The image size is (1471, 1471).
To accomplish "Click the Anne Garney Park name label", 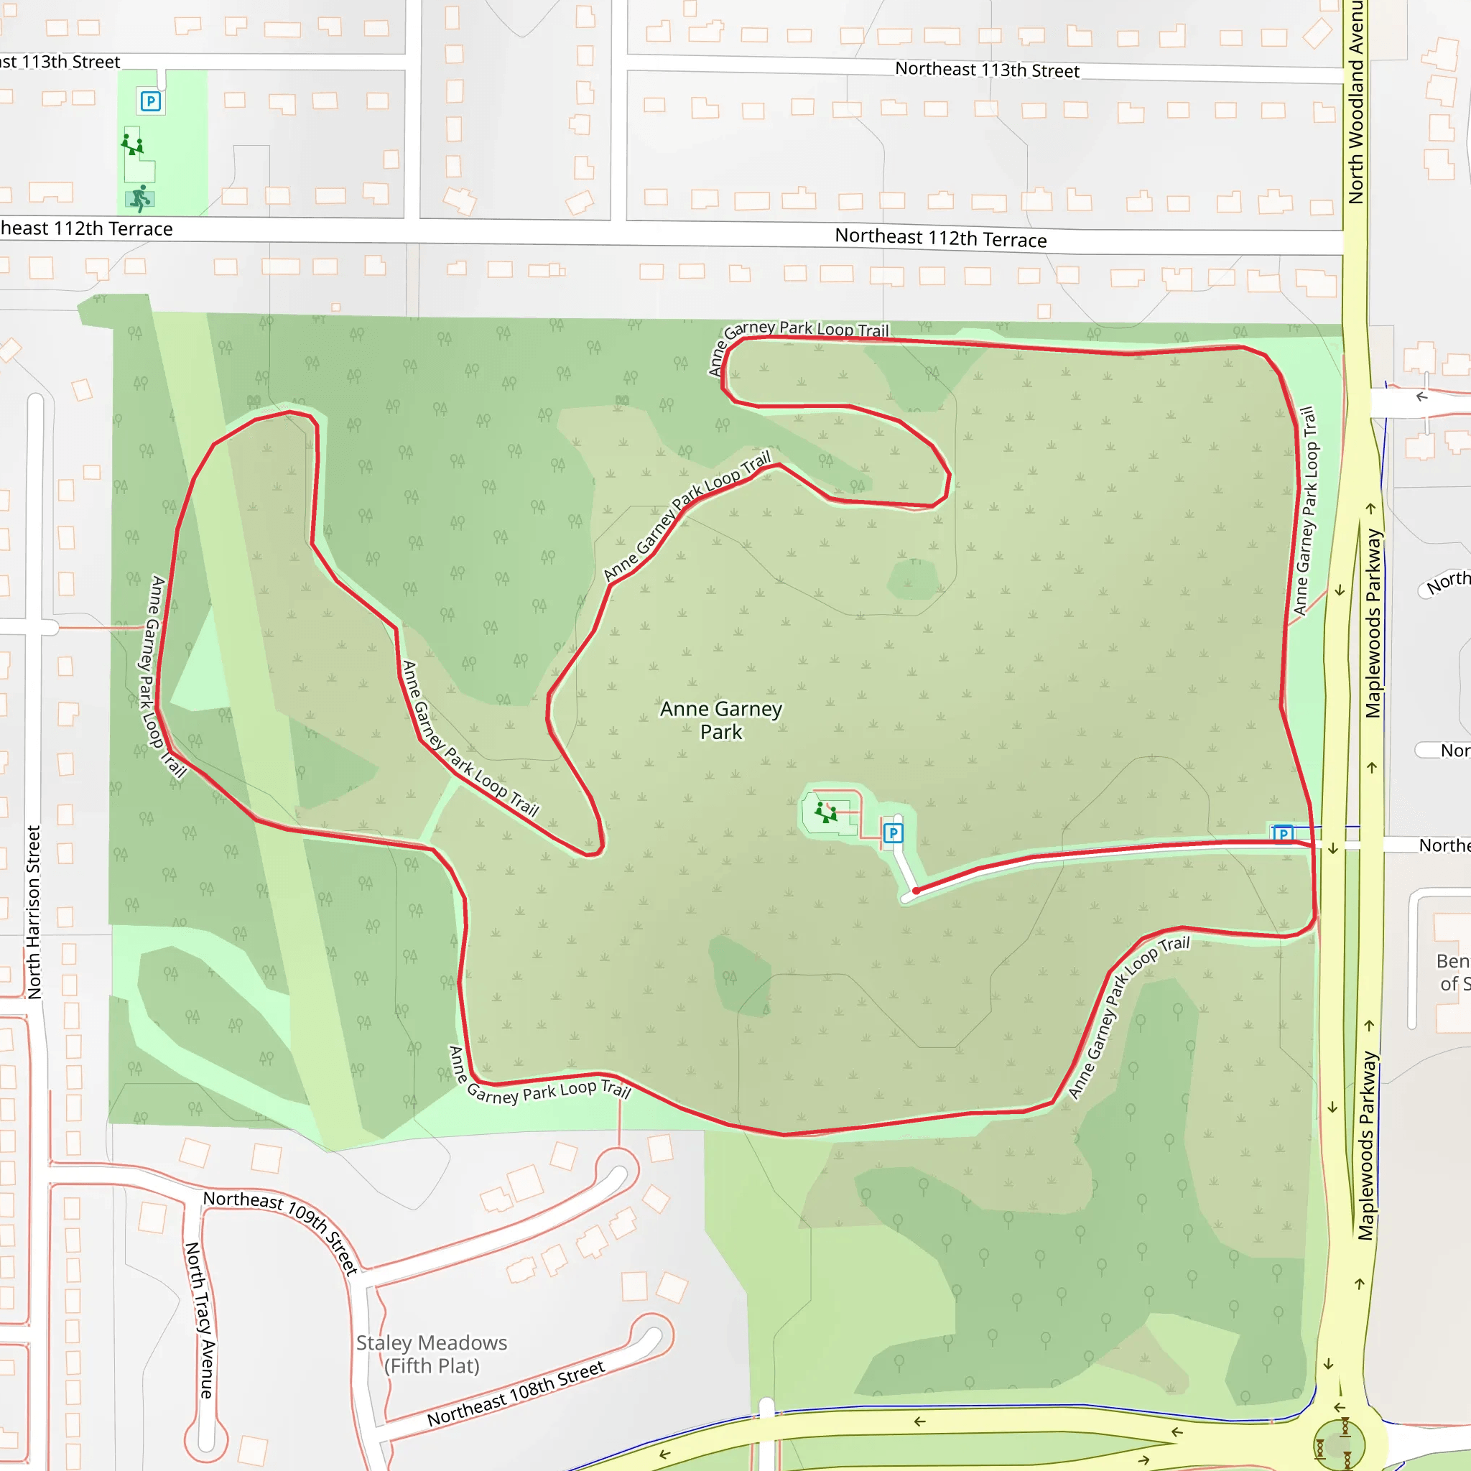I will [x=720, y=720].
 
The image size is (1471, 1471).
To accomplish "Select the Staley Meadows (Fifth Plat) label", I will [x=432, y=1354].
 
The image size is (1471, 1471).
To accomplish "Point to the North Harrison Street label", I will [x=34, y=912].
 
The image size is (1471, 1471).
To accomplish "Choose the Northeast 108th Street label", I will [x=516, y=1393].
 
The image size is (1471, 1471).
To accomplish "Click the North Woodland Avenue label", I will [x=1356, y=103].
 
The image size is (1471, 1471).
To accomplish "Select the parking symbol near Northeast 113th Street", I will [x=151, y=101].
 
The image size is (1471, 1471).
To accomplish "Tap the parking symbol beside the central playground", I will [x=893, y=833].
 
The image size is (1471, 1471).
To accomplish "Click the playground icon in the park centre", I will [x=826, y=812].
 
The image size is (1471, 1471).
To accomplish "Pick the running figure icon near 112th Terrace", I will [x=140, y=199].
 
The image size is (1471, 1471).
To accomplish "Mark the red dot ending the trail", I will [x=916, y=890].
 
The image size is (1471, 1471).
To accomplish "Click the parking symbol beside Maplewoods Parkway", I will [x=1284, y=833].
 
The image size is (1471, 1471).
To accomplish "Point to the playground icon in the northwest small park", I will [x=132, y=144].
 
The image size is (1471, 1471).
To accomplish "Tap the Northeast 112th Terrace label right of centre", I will [x=940, y=238].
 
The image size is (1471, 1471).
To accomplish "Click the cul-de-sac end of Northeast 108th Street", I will [x=652, y=1337].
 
